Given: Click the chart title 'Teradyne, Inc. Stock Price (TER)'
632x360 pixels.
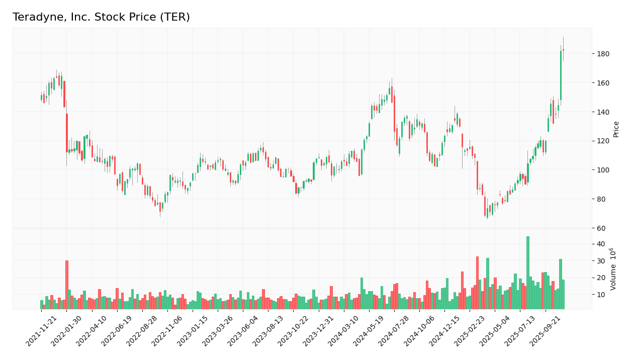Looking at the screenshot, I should tap(101, 18).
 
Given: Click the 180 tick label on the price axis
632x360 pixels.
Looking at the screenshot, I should tap(603, 54).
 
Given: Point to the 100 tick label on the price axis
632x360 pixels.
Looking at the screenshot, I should tap(603, 170).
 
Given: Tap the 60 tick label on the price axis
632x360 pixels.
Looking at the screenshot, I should tap(601, 228).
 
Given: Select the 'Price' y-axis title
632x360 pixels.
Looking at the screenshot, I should tap(616, 129).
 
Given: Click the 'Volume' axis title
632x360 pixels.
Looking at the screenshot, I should tap(613, 268).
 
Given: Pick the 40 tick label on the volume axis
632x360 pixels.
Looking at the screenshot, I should tap(601, 244).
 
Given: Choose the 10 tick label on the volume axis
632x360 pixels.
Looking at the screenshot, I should tap(601, 295).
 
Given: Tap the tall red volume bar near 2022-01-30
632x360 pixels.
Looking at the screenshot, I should tap(66, 285).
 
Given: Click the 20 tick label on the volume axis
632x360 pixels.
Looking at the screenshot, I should tap(601, 278).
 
